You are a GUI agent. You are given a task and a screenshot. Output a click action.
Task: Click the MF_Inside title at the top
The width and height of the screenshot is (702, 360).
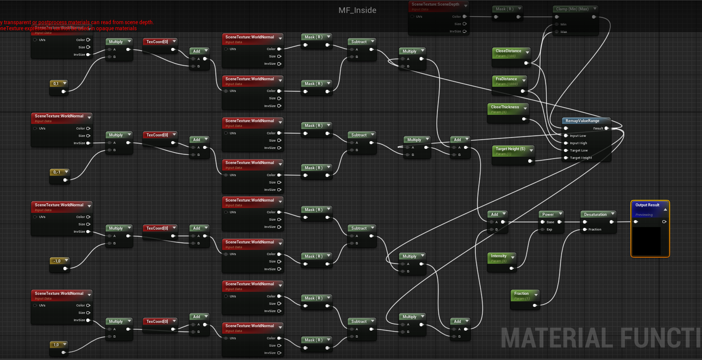tap(357, 10)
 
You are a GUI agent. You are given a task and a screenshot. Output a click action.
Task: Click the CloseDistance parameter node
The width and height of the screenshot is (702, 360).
tap(509, 51)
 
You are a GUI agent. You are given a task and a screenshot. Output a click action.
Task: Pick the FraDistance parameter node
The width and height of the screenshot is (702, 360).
tap(507, 79)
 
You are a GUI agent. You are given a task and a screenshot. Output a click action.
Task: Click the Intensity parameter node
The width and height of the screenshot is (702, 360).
tap(499, 256)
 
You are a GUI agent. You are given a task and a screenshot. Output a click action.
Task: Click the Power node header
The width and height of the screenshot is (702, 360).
tap(548, 214)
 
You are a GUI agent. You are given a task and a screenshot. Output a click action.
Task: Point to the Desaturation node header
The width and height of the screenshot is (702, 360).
tap(596, 214)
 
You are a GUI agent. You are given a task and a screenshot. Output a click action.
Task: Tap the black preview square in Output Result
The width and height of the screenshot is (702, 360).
tap(648, 240)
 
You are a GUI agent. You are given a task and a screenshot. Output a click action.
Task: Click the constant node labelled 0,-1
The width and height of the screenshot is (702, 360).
tap(58, 172)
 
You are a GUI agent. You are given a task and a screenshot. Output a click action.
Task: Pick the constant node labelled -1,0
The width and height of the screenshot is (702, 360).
tap(58, 261)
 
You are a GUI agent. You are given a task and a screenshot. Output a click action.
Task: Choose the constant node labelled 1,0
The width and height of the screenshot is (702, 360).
tap(57, 345)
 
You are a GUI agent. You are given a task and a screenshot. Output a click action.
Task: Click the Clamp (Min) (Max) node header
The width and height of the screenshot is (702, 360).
tap(571, 9)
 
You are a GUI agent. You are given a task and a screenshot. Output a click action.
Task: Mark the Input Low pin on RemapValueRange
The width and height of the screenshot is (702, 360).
tap(565, 136)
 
